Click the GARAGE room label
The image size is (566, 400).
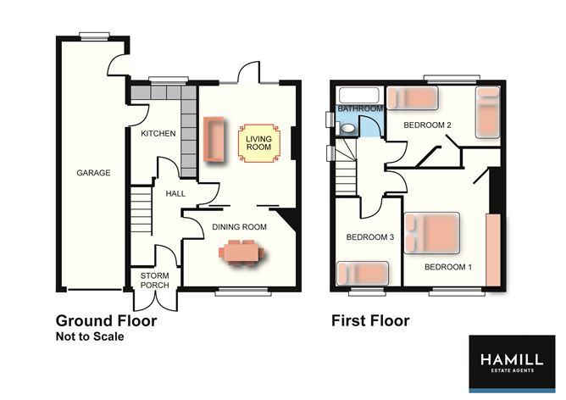point(94,173)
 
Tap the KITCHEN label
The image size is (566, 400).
point(158,134)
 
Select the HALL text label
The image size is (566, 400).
point(175,193)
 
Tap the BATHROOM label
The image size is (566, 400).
point(360,109)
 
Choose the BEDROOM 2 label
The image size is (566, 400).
point(430,125)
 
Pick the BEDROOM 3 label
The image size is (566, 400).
point(371,237)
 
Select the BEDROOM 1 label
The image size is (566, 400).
point(448,267)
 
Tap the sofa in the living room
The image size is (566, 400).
point(212,139)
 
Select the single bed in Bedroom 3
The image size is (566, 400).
point(363,274)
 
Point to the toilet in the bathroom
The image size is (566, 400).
point(347,127)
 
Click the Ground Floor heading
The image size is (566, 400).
point(106,321)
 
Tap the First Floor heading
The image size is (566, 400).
point(369,321)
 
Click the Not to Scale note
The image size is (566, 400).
point(90,337)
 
